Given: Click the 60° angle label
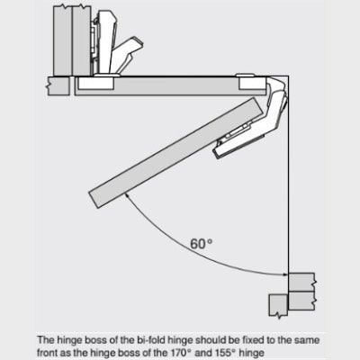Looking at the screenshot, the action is pyautogui.click(x=202, y=244).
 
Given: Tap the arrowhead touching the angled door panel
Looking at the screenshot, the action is pyautogui.click(x=128, y=195).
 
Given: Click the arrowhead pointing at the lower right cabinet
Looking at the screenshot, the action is pyautogui.click(x=285, y=274).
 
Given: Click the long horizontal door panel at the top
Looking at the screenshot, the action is pyautogui.click(x=170, y=86).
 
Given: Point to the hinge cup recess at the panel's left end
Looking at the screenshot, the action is pyautogui.click(x=96, y=83).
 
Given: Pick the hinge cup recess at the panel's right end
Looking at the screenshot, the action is pyautogui.click(x=252, y=84).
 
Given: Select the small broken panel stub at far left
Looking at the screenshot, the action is pyautogui.click(x=58, y=86).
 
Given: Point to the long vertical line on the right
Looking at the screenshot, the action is pyautogui.click(x=288, y=174).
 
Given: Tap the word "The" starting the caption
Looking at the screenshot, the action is pyautogui.click(x=45, y=340).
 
